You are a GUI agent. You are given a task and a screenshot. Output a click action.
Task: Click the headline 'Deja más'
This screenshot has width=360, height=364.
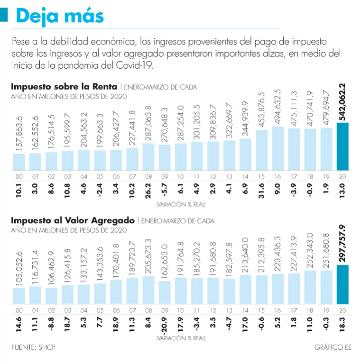(x=60, y=16)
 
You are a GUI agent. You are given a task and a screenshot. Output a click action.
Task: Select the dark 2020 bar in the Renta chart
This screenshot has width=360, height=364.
(x=342, y=146)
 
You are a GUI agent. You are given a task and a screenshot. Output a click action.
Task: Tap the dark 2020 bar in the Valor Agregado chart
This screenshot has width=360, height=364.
(x=342, y=284)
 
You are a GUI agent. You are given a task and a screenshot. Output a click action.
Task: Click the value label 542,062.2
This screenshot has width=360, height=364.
(x=342, y=101)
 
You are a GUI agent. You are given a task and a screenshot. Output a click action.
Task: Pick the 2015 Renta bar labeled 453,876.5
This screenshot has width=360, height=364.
(x=262, y=150)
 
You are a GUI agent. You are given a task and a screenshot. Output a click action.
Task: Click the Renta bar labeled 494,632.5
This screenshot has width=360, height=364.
(x=278, y=148)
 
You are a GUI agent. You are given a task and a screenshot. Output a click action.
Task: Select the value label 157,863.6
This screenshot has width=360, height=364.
(x=19, y=134)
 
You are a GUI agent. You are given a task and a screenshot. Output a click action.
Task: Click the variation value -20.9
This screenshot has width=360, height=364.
(x=165, y=326)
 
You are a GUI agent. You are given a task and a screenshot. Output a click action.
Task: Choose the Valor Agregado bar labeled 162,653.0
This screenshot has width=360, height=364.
(x=165, y=292)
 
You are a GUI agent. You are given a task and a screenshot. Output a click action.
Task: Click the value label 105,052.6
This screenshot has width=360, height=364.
(x=19, y=268)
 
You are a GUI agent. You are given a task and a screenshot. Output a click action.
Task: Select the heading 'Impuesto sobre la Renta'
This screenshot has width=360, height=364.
(x=65, y=87)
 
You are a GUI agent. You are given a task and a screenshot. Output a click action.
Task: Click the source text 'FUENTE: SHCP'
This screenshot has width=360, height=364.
(x=33, y=347)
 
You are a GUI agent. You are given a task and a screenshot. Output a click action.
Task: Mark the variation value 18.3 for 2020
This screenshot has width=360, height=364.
(x=342, y=326)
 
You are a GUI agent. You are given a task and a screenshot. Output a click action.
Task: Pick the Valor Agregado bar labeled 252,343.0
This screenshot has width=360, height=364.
(x=310, y=287)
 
